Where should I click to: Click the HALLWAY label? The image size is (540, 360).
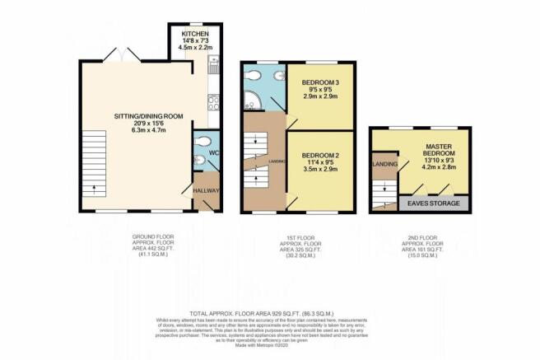(206, 191)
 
